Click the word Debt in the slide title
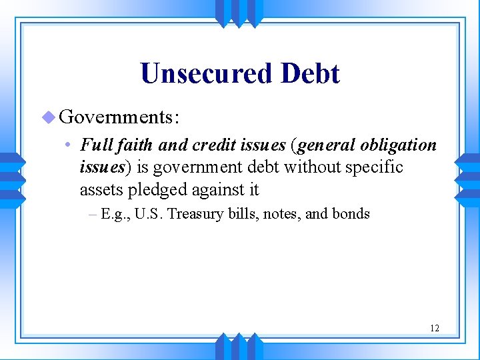[310, 74]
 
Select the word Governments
[117, 117]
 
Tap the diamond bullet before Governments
[48, 117]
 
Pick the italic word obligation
[398, 145]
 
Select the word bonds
[351, 214]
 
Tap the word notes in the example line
[280, 214]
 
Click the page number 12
[435, 328]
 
